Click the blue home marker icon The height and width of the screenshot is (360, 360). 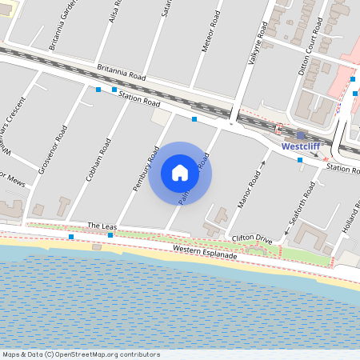[180, 173]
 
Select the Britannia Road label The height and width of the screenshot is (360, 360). [121, 72]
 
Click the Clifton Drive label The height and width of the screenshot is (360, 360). [251, 238]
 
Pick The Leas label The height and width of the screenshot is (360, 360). [102, 226]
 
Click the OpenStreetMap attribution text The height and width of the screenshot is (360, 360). [81, 354]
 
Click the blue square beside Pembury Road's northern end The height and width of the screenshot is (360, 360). [194, 119]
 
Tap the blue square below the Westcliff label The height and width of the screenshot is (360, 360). [300, 160]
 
